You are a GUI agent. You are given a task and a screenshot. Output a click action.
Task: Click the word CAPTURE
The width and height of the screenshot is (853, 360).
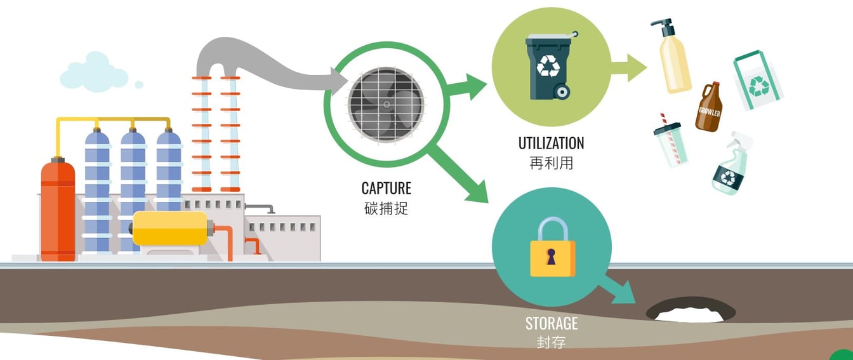point(386,188)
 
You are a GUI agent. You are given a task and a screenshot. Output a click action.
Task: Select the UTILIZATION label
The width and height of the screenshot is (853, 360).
point(551,143)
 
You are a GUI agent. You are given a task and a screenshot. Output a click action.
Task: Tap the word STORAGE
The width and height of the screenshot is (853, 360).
point(551,323)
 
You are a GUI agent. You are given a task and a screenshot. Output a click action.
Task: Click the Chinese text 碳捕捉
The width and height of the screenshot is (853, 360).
point(386,208)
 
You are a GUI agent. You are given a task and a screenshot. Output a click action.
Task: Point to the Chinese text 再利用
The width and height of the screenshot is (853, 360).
point(551,163)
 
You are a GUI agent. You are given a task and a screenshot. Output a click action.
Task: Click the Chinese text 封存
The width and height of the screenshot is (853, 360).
point(551,342)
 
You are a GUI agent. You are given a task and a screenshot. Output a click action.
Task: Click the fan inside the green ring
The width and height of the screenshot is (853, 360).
point(386,105)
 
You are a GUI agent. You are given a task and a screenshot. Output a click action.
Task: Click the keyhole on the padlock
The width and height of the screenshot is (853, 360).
point(551,257)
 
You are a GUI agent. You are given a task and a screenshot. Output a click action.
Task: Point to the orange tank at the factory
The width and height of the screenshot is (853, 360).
point(58,210)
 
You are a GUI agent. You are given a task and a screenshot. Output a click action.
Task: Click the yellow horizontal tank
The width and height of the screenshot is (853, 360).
point(169,229)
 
